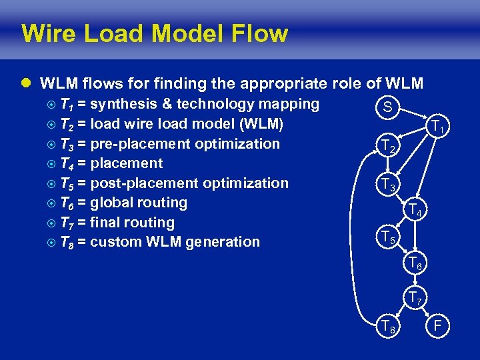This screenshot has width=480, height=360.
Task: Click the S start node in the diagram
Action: [387, 107]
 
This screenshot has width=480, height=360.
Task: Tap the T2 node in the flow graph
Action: [387, 146]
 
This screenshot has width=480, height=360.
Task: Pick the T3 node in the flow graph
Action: [387, 185]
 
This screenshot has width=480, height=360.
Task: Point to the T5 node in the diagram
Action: [387, 237]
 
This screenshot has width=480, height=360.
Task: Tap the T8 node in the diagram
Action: [387, 326]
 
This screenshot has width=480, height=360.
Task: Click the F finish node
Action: [438, 326]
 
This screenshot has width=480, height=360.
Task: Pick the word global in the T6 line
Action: [111, 203]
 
